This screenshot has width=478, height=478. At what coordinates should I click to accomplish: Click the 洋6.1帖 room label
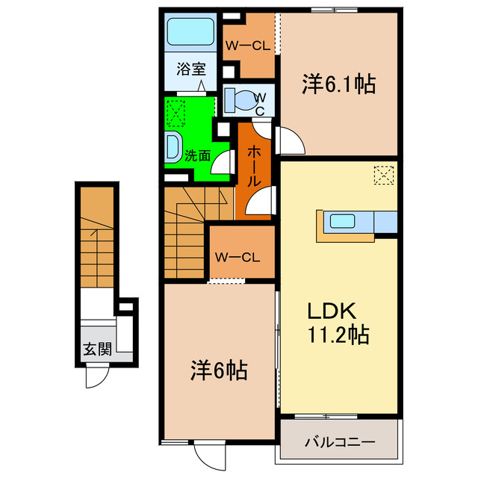(x=338, y=84)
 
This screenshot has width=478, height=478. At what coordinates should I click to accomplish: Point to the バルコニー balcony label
(x=340, y=441)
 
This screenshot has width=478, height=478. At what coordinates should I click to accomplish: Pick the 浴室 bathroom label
(x=190, y=70)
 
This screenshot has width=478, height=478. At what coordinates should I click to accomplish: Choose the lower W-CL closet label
(x=237, y=258)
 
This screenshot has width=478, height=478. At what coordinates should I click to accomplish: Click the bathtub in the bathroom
(x=190, y=32)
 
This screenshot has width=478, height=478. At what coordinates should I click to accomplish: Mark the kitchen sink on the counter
(x=343, y=221)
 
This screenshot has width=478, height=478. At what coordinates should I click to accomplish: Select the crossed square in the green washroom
(x=177, y=114)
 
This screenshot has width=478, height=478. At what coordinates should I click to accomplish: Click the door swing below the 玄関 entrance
(x=98, y=377)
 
